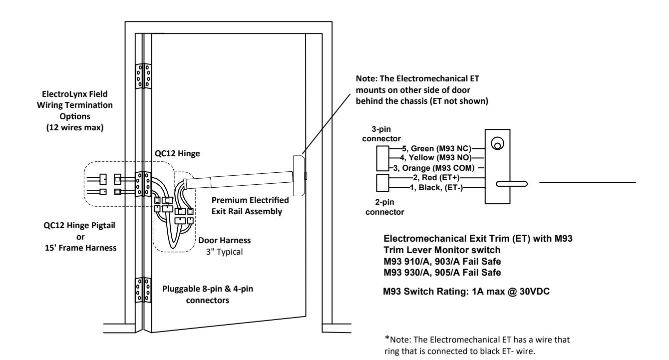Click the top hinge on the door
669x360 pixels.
pyautogui.click(x=143, y=76)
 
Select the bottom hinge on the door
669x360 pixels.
pyautogui.click(x=143, y=290)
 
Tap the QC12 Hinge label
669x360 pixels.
pyautogui.click(x=177, y=154)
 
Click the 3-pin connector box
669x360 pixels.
pyautogui.click(x=382, y=158)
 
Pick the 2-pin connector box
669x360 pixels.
pyautogui.click(x=382, y=183)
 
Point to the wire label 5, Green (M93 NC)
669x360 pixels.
pyautogui.click(x=436, y=148)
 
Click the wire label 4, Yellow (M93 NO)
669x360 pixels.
pyautogui.click(x=436, y=158)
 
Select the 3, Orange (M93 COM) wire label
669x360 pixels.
pyautogui.click(x=434, y=168)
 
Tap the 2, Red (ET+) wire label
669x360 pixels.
pyautogui.click(x=436, y=178)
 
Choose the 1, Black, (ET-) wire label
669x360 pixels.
pyautogui.click(x=436, y=188)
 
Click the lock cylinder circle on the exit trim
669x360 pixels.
pyautogui.click(x=498, y=143)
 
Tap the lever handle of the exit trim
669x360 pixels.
pyautogui.click(x=512, y=184)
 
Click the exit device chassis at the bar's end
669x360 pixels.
pyautogui.click(x=299, y=176)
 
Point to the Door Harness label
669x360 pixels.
pyautogui.click(x=225, y=241)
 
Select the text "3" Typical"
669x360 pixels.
pyautogui.click(x=224, y=252)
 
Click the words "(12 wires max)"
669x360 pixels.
pyautogui.click(x=75, y=127)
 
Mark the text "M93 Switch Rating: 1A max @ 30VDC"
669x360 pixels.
pyautogui.click(x=466, y=291)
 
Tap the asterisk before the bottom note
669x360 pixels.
pyautogui.click(x=387, y=338)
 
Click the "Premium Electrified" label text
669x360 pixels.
pyautogui.click(x=250, y=200)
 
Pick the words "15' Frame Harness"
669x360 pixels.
pyautogui.click(x=81, y=248)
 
